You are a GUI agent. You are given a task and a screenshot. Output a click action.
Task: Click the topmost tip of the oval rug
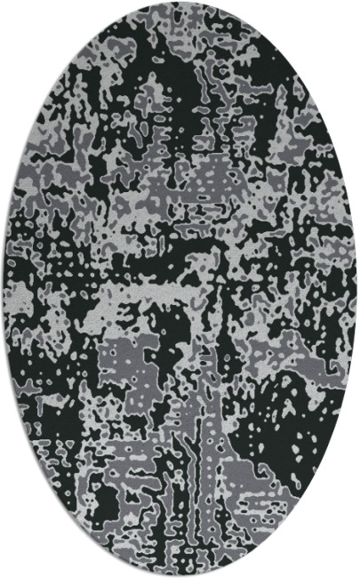click(180, 2)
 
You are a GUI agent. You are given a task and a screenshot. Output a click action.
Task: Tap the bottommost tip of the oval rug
click(180, 575)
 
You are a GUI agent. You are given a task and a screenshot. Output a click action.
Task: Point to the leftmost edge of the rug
click(3, 289)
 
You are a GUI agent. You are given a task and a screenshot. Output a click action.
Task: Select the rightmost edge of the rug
click(356, 289)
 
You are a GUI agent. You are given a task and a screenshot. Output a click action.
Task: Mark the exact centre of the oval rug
click(180, 289)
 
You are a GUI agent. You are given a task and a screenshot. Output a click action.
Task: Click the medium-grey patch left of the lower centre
click(124, 356)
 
